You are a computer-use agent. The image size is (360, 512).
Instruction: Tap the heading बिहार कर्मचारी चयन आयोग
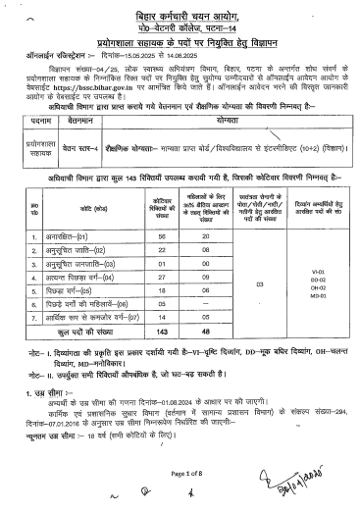(x=180, y=18)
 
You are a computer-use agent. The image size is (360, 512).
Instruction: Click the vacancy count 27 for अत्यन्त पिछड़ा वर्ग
(x=150, y=292)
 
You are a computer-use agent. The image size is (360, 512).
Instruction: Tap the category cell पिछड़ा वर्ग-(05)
(x=70, y=306)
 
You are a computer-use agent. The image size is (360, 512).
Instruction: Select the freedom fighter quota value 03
(x=258, y=285)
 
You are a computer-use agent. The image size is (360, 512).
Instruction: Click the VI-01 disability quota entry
(x=316, y=269)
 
